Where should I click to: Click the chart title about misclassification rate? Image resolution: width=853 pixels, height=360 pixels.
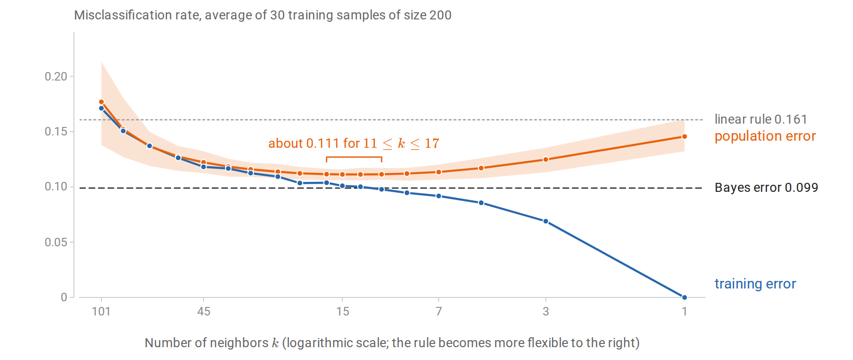point(263,15)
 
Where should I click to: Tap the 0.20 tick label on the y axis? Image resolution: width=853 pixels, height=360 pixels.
point(56,76)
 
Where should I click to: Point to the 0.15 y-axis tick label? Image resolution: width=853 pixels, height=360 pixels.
point(56,131)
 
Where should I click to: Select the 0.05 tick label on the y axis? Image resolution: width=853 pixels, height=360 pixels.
point(56,242)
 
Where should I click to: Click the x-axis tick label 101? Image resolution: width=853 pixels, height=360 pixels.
point(101,311)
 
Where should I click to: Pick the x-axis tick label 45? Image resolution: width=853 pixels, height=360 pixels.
point(204,311)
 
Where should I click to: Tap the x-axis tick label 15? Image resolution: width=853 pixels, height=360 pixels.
point(343,311)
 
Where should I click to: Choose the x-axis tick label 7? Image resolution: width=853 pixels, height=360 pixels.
point(439,311)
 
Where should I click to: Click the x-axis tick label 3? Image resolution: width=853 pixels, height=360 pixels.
point(546,311)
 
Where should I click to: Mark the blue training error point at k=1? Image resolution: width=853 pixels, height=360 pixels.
point(684,297)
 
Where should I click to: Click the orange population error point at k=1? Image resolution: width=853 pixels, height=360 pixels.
point(684,136)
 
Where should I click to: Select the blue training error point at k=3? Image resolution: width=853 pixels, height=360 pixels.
point(545,221)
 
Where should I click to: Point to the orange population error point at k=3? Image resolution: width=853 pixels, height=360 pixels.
point(545,160)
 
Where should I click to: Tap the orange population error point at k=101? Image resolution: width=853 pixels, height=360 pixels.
point(101,102)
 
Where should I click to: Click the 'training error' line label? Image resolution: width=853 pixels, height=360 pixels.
point(755,284)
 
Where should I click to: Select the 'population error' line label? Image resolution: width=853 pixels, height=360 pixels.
point(765,136)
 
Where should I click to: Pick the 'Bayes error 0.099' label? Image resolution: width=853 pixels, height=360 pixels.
point(766,188)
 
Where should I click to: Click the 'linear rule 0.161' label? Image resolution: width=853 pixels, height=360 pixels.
point(761,119)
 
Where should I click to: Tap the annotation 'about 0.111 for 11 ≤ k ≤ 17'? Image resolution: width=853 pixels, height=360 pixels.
point(354,144)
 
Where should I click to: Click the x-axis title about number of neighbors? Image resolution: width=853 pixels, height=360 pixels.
point(392,342)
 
